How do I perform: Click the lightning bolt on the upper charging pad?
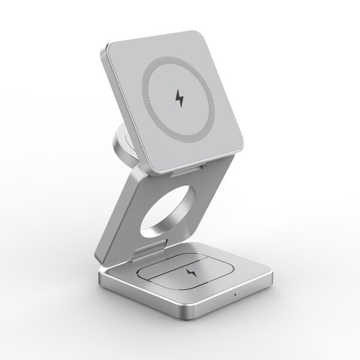pos(179,98)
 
